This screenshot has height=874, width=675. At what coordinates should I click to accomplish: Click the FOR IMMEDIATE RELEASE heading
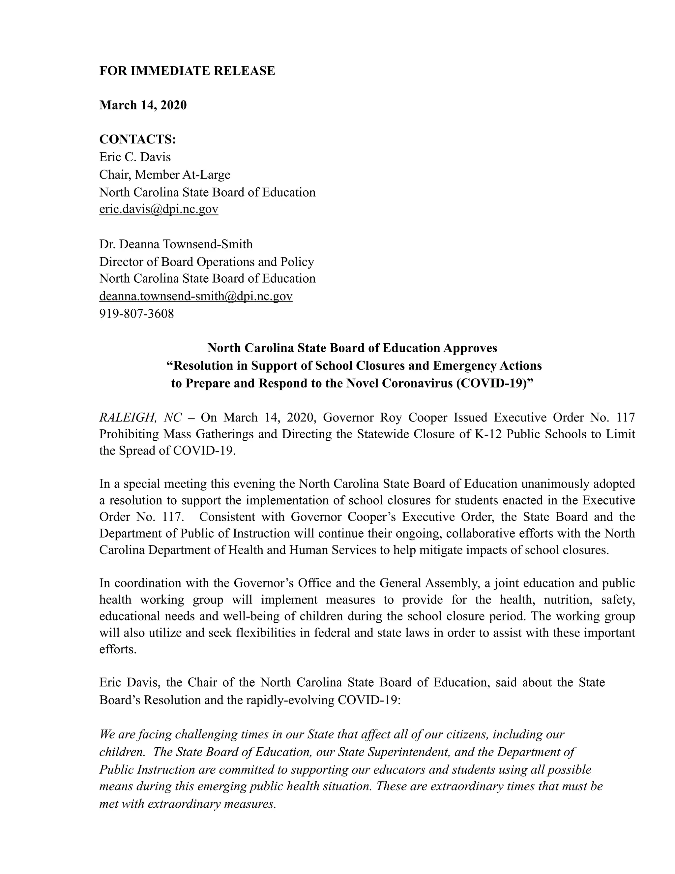[x=187, y=71]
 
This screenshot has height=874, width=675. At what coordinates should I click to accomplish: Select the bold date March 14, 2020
[x=143, y=105]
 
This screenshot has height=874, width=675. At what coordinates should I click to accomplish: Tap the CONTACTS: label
[x=137, y=139]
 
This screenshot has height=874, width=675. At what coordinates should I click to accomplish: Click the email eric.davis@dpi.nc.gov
[x=159, y=209]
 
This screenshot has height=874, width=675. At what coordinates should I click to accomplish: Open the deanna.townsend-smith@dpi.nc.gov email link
[x=195, y=296]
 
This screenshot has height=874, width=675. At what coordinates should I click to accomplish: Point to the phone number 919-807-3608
[x=137, y=313]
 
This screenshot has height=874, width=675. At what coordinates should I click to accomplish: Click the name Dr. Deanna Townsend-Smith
[x=176, y=244]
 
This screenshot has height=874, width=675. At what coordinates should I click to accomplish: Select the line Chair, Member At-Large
[x=165, y=175]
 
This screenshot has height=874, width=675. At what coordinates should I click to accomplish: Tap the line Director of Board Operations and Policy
[x=207, y=262]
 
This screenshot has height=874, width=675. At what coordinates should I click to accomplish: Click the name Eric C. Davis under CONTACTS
[x=135, y=157]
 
